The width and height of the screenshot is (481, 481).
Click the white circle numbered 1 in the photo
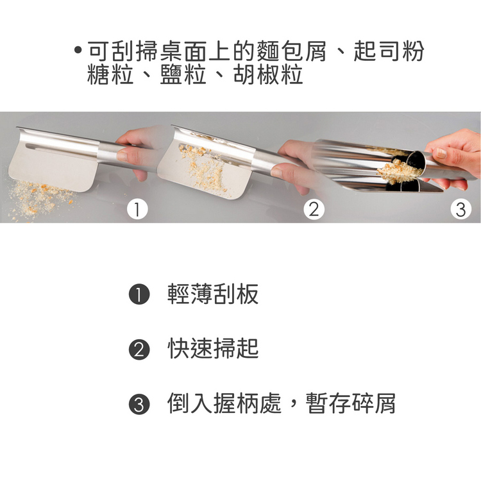[x=137, y=210]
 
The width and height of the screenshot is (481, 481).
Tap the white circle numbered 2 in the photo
[x=314, y=210]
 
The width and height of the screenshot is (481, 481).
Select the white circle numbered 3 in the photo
[x=460, y=210]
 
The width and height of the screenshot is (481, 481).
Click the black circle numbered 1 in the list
[x=139, y=294]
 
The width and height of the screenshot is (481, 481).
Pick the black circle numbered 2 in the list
[x=139, y=350]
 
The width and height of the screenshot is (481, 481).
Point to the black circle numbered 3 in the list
[x=139, y=404]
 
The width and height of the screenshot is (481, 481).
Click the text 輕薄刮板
[x=213, y=294]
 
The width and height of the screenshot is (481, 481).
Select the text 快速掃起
[x=213, y=348]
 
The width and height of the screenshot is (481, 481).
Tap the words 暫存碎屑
[x=350, y=403]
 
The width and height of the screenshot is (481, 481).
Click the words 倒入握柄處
[x=224, y=403]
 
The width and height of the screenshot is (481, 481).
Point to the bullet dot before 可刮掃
[x=78, y=49]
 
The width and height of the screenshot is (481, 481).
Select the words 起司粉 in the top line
[x=389, y=51]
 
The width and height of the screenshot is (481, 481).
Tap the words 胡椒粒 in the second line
[x=268, y=74]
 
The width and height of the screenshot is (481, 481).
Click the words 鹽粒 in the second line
[x=183, y=74]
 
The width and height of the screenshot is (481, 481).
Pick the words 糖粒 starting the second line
[x=110, y=74]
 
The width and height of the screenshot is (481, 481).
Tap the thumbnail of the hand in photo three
[x=441, y=153]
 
